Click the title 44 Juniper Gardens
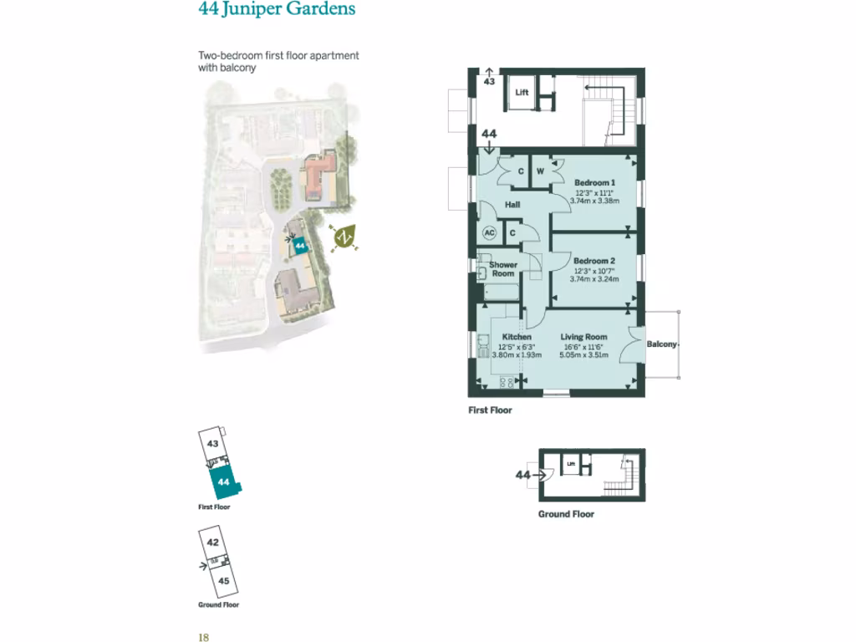pos(277,10)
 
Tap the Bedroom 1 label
pos(594,182)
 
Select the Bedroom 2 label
pos(594,261)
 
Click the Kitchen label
pos(517,337)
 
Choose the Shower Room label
pos(503,269)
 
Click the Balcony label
pos(661,344)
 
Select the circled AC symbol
pos(489,232)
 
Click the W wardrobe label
pos(540,171)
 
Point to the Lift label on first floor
pos(522,93)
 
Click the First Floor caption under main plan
pos(490,410)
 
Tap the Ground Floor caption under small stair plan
pos(566,514)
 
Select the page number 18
pos(203,636)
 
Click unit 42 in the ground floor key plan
pos(213,542)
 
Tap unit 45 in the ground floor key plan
pos(223,580)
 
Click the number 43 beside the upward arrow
pos(489,82)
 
